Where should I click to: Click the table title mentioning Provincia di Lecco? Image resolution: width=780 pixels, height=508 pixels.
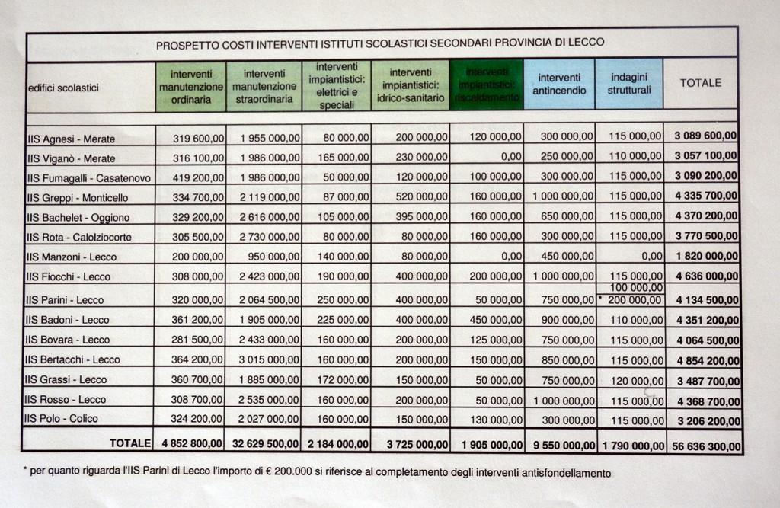point(380,44)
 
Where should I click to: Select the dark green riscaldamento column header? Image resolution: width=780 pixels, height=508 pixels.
point(487,85)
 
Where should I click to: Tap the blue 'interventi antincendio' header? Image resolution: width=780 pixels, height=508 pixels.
point(559,84)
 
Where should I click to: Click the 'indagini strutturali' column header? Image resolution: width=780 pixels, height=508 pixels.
point(629,84)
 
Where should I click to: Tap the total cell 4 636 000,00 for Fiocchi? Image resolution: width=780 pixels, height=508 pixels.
point(706,276)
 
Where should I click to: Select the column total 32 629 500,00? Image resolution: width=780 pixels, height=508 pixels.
point(264,443)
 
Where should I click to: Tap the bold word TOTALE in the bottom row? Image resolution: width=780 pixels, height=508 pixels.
point(130,442)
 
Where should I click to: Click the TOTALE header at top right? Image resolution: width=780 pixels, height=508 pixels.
point(700,83)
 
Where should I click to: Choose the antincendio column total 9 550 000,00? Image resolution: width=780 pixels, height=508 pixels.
point(559,443)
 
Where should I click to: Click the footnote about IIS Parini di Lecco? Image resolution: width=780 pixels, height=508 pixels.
point(317,473)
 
